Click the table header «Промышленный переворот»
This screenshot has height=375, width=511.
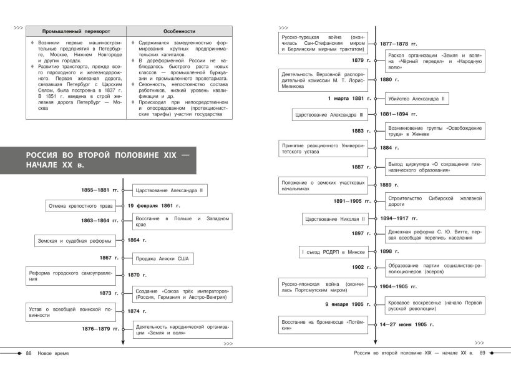(x=75, y=31)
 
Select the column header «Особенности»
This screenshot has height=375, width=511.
(x=180, y=31)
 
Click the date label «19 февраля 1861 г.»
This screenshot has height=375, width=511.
(x=154, y=205)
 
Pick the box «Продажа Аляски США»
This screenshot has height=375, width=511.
(x=163, y=258)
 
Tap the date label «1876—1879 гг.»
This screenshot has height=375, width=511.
(x=100, y=328)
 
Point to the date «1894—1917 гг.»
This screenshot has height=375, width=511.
(x=399, y=218)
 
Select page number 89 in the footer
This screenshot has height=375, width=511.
(x=482, y=354)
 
